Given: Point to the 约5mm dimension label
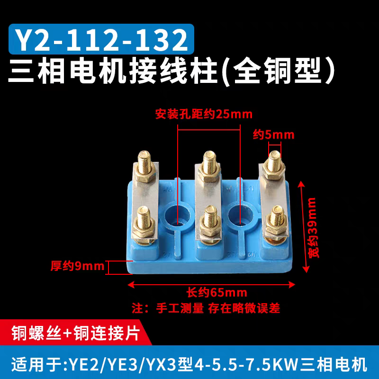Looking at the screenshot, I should pyautogui.click(x=273, y=135).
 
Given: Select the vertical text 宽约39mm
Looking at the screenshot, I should pyautogui.click(x=314, y=227).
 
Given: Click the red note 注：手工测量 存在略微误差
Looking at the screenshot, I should pyautogui.click(x=207, y=308).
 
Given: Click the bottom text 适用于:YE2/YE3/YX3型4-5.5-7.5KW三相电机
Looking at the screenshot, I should pyautogui.click(x=189, y=365).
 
